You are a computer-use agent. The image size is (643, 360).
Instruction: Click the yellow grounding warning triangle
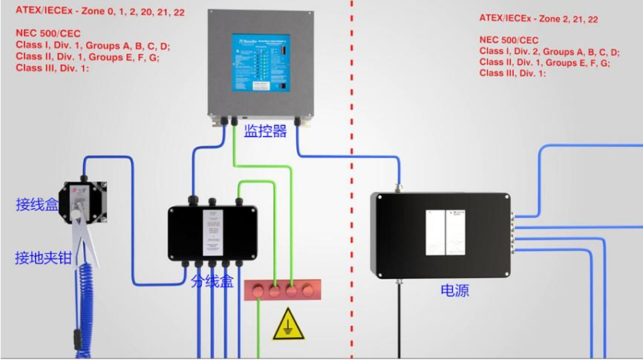pos(288,326)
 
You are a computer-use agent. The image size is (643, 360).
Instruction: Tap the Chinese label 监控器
pos(265,131)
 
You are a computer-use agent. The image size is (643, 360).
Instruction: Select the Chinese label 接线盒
pos(37,204)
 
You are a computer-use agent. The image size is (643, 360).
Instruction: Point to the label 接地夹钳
pos(43,258)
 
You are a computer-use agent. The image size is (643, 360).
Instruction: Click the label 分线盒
pos(212,281)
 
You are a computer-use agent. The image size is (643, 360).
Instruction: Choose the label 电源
pos(454,290)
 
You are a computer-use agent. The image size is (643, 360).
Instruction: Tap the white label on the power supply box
pos(445,233)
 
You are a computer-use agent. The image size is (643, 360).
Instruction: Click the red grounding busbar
pos(282,290)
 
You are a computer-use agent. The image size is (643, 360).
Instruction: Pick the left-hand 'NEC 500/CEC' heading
pos(48,34)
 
